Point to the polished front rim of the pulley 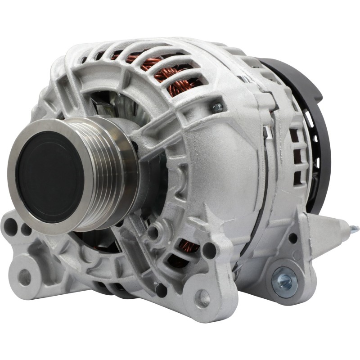click(18, 148)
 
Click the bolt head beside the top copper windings click(217, 107)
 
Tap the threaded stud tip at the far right click(355, 229)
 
